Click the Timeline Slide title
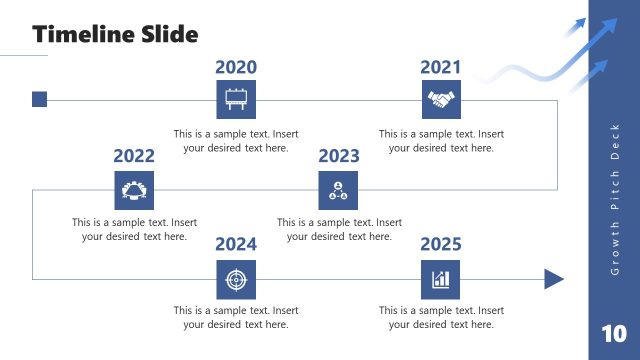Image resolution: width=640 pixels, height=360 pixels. point(115,34)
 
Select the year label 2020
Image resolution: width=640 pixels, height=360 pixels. point(236,67)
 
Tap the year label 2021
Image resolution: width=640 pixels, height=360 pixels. point(441,67)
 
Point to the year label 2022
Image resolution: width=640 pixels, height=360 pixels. point(134,156)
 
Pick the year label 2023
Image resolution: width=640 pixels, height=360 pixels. point(339,156)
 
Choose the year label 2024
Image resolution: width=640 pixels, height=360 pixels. point(236,244)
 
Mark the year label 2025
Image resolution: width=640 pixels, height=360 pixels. point(441,244)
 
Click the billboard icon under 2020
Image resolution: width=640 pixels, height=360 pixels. point(236,100)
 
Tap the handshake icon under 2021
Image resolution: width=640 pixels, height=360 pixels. point(441,100)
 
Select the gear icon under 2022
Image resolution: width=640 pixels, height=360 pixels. point(134,189)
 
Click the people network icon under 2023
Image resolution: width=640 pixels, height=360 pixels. point(339,189)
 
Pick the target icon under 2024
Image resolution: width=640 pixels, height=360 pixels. point(236,279)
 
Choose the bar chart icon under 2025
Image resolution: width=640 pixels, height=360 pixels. point(441,279)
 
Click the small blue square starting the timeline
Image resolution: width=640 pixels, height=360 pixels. point(39,99)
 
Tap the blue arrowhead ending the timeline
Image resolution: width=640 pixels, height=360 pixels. point(554,279)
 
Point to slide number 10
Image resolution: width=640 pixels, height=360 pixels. point(614,333)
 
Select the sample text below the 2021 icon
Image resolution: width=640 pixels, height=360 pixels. point(441,141)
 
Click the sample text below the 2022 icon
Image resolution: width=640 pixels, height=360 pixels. point(134,230)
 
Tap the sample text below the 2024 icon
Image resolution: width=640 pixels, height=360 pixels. point(236,317)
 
